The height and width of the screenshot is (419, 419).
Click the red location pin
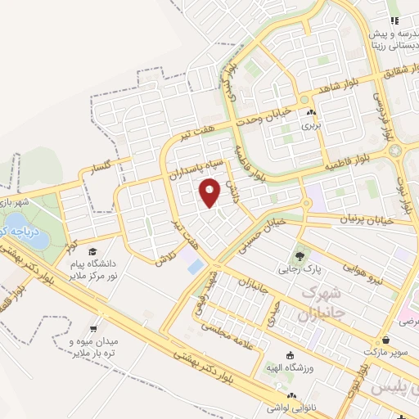(x=210, y=192)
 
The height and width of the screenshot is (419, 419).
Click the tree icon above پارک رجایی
(x=306, y=254)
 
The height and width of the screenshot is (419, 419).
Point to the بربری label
(x=309, y=126)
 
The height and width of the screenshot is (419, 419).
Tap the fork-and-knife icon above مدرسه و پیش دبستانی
(x=394, y=20)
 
